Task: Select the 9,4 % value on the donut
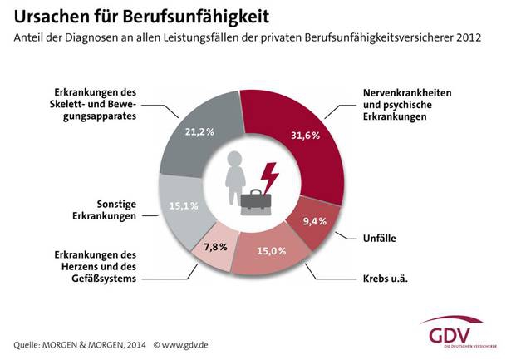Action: pyautogui.click(x=315, y=222)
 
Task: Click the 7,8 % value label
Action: pyautogui.click(x=214, y=247)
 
